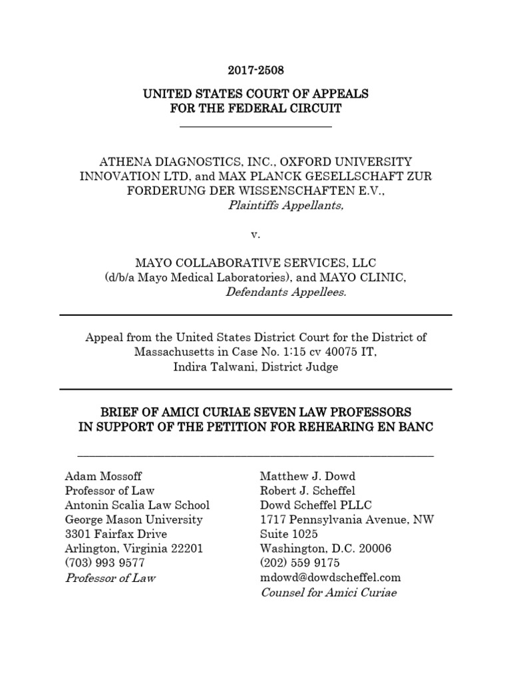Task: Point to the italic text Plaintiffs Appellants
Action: coord(286,205)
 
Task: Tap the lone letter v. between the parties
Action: coord(255,235)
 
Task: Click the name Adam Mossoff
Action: coord(103,476)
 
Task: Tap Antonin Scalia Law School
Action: coord(137,505)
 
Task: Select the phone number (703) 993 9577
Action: coord(102,563)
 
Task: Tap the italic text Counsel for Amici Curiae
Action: coord(328,593)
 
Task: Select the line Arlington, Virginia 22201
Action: coord(134,549)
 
